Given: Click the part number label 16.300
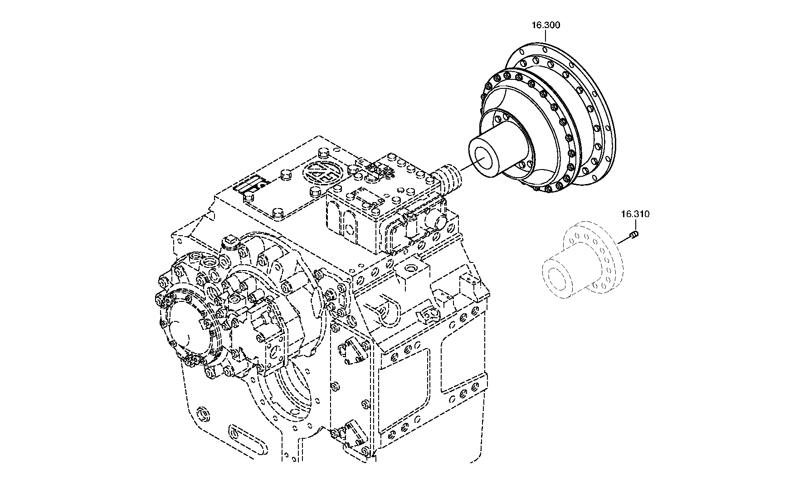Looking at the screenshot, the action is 546,25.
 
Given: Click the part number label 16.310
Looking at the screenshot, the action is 635,214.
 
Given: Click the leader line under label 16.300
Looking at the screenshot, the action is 545,36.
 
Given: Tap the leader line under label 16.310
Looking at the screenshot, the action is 635,225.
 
